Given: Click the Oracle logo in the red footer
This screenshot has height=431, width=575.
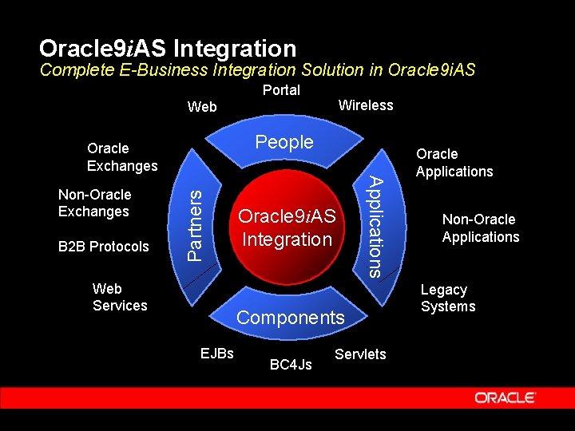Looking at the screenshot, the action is [506, 397].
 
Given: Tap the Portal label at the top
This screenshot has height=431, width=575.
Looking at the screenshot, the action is [281, 90].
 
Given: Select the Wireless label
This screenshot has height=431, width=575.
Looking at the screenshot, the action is [366, 105].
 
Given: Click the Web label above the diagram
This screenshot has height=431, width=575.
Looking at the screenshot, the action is [201, 107].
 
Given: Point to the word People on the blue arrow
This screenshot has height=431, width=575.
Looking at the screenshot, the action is [284, 142].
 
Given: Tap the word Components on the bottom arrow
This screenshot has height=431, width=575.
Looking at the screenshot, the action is [290, 318].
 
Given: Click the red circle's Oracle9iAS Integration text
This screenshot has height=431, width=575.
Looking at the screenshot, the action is [287, 227].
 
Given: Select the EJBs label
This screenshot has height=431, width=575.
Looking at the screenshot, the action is [216, 352].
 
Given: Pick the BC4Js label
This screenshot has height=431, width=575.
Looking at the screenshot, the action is [291, 365].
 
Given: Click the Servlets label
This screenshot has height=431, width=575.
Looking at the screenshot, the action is [360, 354].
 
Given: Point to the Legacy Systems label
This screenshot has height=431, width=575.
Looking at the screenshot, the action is [447, 298].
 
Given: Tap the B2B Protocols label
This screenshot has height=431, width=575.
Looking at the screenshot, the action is [103, 247].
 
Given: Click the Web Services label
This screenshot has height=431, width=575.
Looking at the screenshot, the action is [120, 297].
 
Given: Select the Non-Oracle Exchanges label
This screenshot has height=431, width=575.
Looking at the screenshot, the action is [94, 203].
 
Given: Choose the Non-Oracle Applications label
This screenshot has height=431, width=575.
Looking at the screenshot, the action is [480, 228].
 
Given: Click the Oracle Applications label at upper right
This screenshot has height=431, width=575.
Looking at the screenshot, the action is [454, 163].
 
